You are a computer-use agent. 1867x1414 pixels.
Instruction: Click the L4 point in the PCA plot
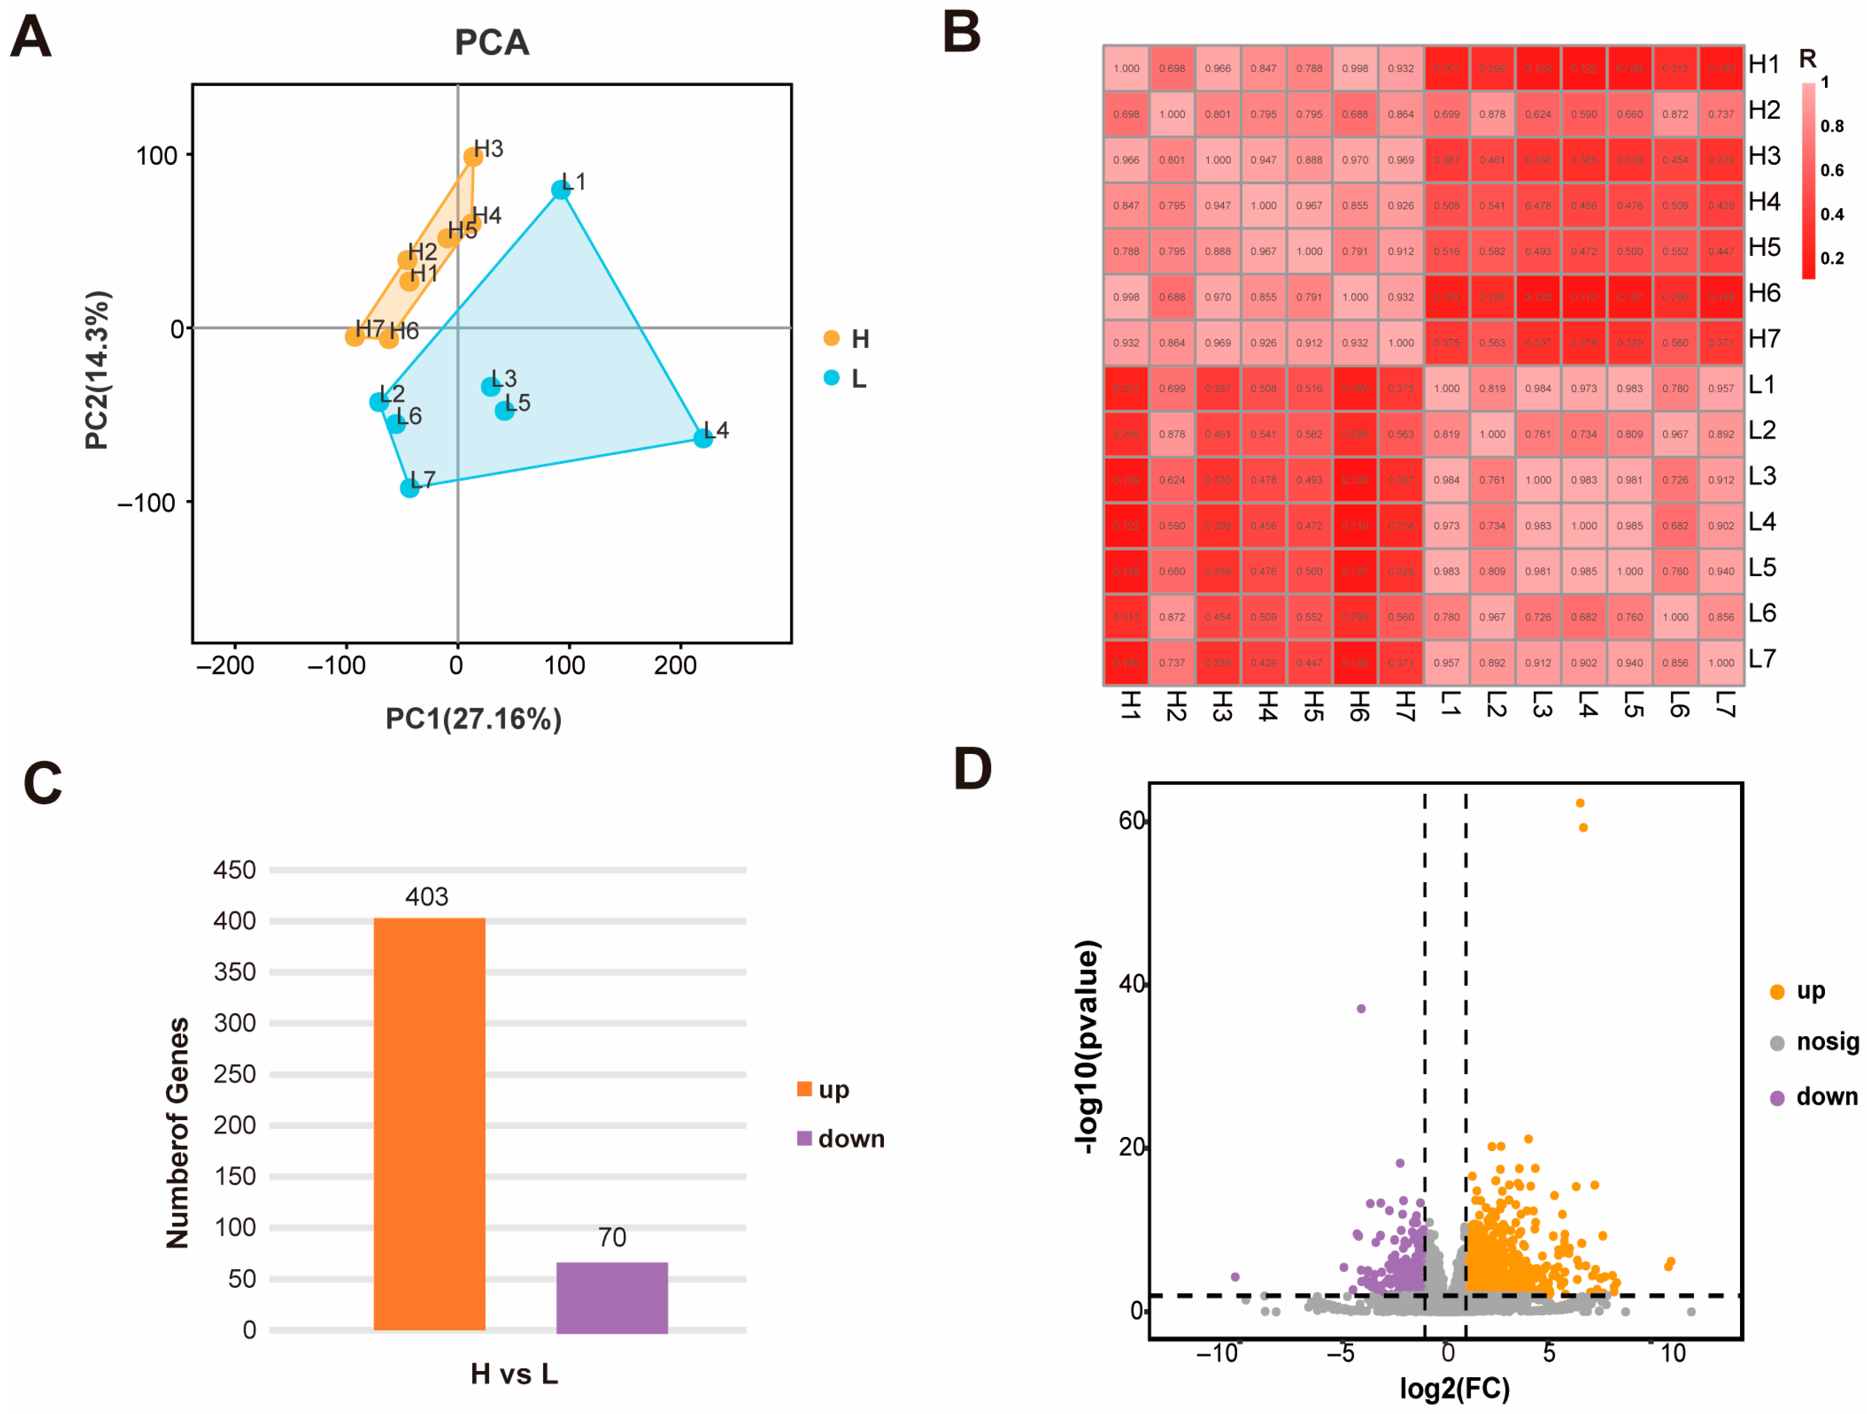pyautogui.click(x=702, y=437)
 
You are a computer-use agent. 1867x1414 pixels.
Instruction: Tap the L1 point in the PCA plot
pyautogui.click(x=561, y=190)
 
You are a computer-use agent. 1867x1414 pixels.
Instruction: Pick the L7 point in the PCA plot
pyautogui.click(x=409, y=487)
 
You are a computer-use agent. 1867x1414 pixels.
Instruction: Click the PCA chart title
pyautogui.click(x=492, y=42)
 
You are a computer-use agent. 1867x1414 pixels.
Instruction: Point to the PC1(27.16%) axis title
pyautogui.click(x=473, y=719)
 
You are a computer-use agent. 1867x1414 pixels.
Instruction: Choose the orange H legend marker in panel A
pyautogui.click(x=831, y=338)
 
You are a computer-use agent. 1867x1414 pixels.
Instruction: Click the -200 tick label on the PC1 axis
pyautogui.click(x=225, y=666)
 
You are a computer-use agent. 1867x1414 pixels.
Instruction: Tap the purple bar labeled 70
pyautogui.click(x=612, y=1296)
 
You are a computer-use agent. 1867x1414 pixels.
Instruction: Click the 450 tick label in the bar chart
pyautogui.click(x=235, y=870)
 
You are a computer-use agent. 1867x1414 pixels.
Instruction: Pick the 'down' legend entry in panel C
pyautogui.click(x=841, y=1139)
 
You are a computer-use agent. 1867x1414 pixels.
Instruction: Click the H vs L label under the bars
pyautogui.click(x=514, y=1374)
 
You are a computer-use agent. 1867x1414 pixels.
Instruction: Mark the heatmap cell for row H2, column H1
pyautogui.click(x=1126, y=114)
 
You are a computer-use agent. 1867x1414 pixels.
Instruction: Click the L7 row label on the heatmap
pyautogui.click(x=1763, y=659)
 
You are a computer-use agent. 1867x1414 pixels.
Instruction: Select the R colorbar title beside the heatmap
pyautogui.click(x=1807, y=59)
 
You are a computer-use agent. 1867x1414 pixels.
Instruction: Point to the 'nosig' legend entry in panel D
pyautogui.click(x=1815, y=1043)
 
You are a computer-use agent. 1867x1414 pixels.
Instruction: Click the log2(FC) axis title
pyautogui.click(x=1455, y=1389)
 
